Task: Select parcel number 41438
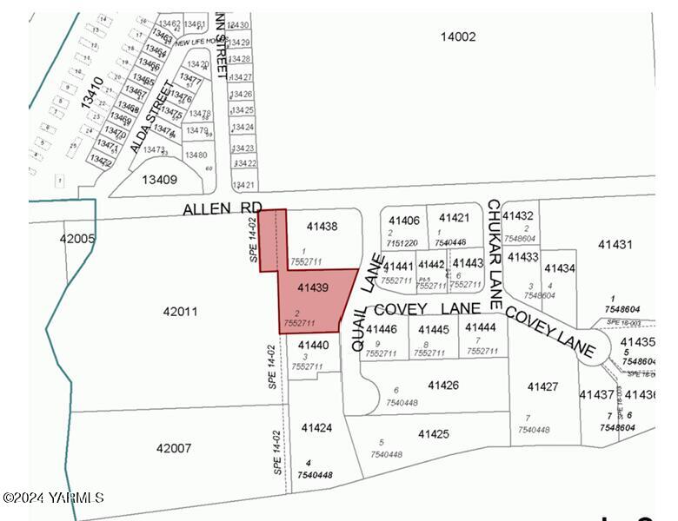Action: pos(322,227)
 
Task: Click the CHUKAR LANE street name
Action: pos(495,254)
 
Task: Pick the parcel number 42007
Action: pos(174,448)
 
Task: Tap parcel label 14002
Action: pos(458,36)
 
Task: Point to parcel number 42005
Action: pos(77,238)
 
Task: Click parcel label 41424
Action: pos(316,428)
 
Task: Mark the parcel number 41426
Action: pos(443,385)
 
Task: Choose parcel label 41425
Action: pos(434,433)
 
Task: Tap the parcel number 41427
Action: pos(543,386)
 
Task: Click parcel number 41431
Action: pos(615,245)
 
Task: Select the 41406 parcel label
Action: pos(404,221)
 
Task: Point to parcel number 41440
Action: pos(313,345)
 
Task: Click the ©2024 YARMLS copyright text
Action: pos(53,498)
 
